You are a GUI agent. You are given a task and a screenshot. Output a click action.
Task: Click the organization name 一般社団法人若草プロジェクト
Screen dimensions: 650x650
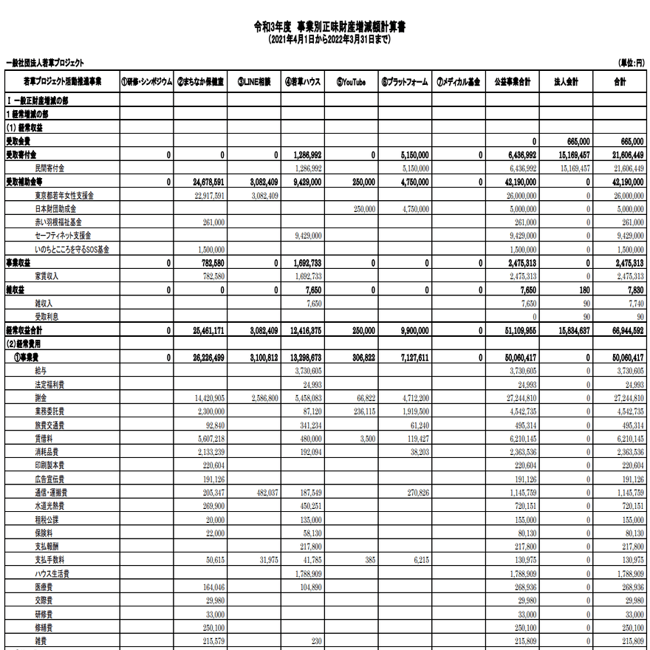45,64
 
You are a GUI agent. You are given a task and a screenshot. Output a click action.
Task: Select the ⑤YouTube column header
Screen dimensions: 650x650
351,82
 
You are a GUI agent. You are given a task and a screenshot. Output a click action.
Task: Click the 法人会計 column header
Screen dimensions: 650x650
565,82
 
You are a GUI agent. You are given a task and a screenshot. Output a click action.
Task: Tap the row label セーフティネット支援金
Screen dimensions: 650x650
68,236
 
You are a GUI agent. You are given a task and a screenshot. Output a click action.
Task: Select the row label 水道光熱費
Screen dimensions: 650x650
49,506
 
